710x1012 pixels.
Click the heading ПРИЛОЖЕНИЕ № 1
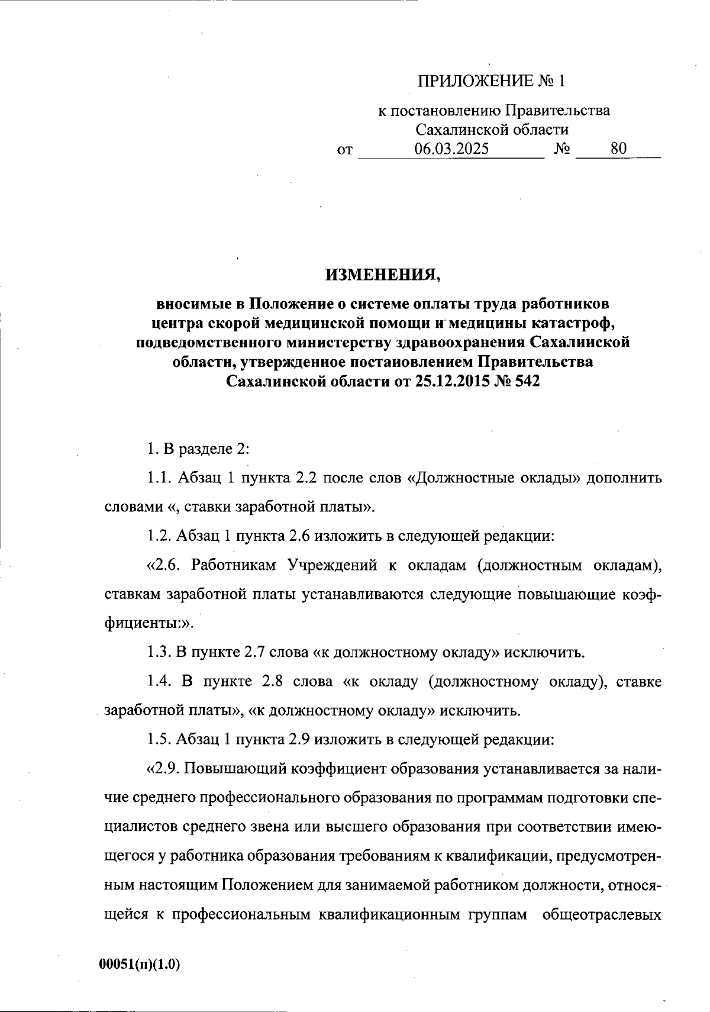click(x=492, y=81)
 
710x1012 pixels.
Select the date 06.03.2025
click(x=451, y=149)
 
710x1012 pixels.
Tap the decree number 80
click(x=618, y=149)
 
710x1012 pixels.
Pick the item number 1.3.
click(x=158, y=653)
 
